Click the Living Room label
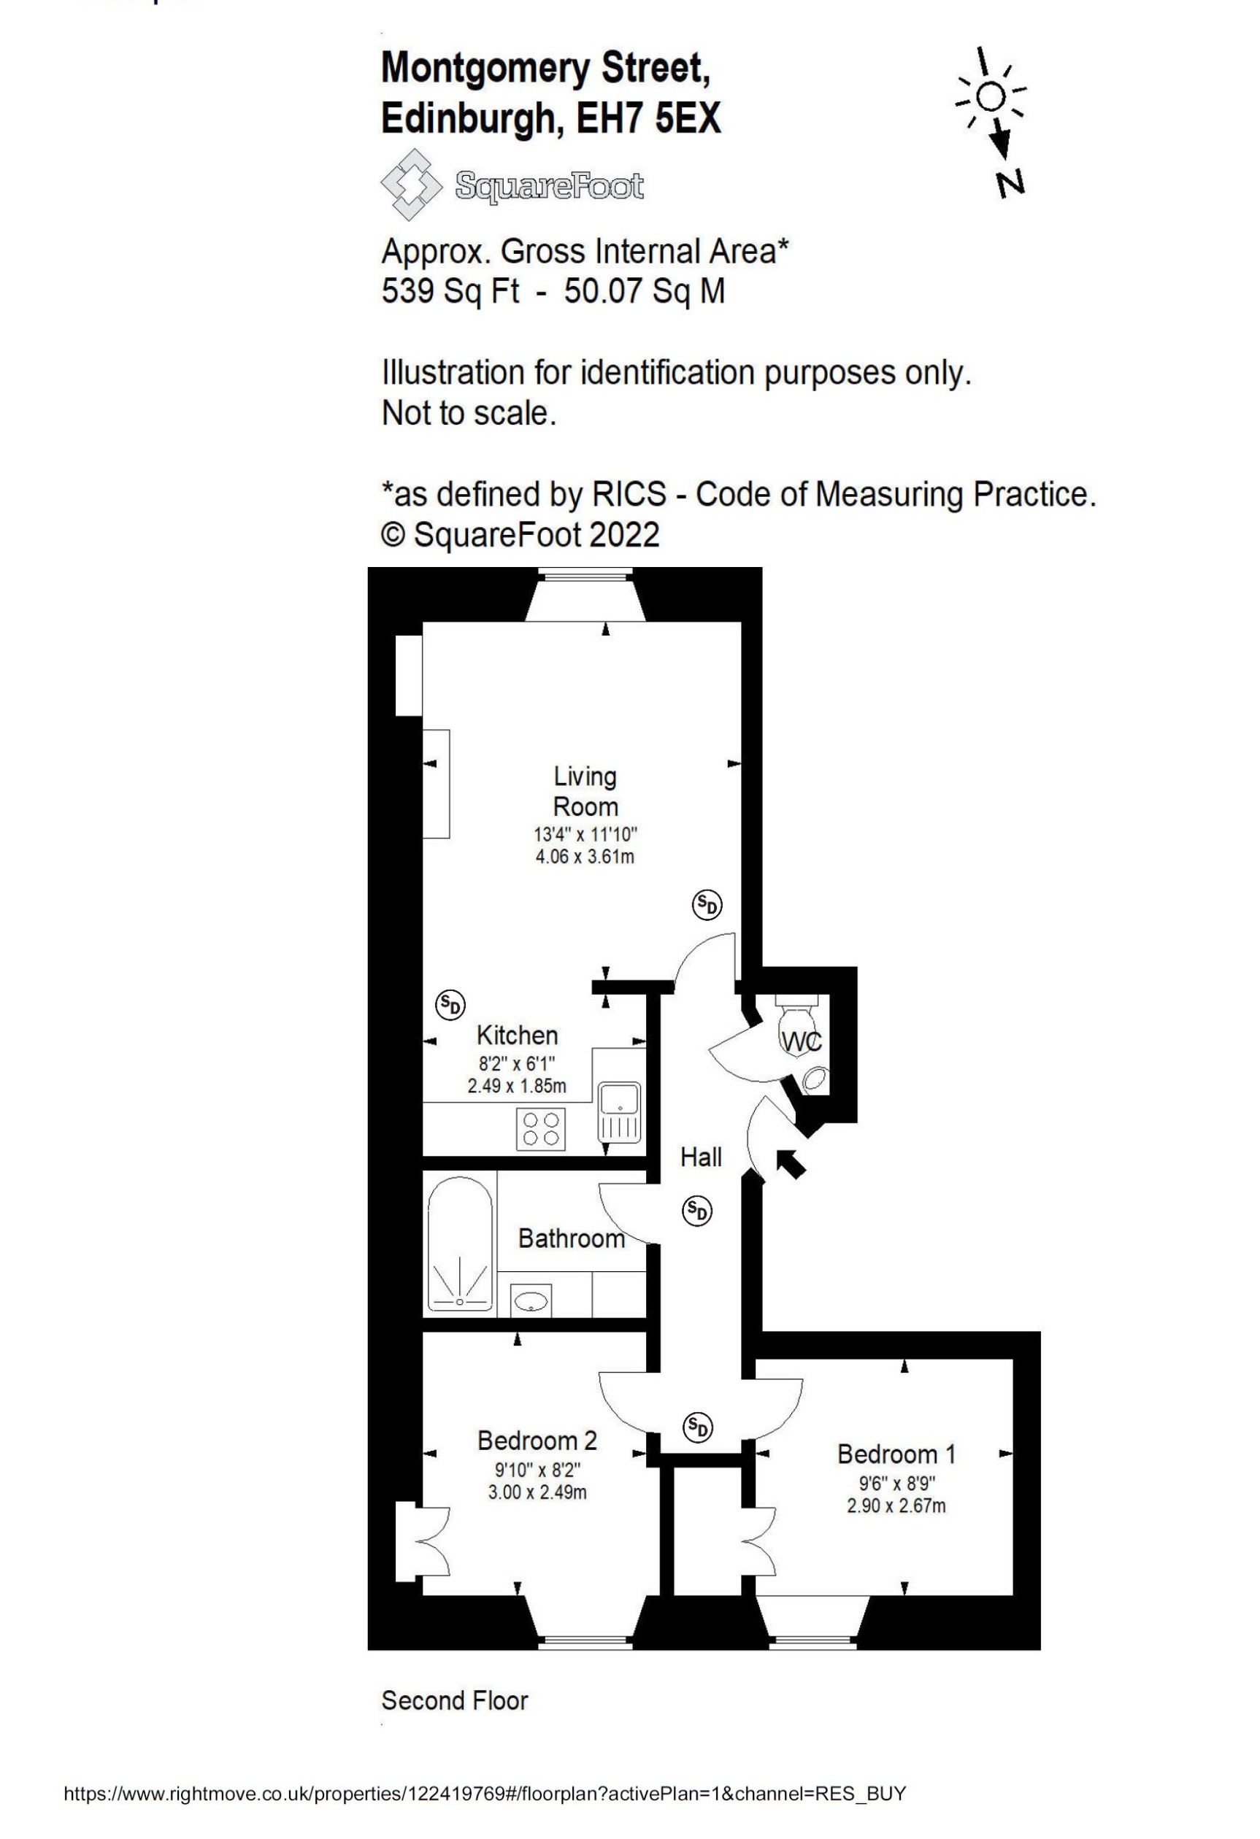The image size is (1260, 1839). click(585, 791)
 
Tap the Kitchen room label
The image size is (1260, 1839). click(517, 1035)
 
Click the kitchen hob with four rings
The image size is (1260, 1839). click(542, 1129)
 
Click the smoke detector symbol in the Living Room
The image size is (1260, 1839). click(707, 903)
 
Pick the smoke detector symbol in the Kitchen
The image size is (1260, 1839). click(450, 1005)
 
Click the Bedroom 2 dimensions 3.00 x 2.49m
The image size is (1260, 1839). click(537, 1492)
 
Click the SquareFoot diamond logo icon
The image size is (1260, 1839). click(412, 185)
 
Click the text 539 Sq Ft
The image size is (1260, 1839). click(450, 291)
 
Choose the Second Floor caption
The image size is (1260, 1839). click(454, 1700)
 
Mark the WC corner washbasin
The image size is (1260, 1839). click(815, 1078)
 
